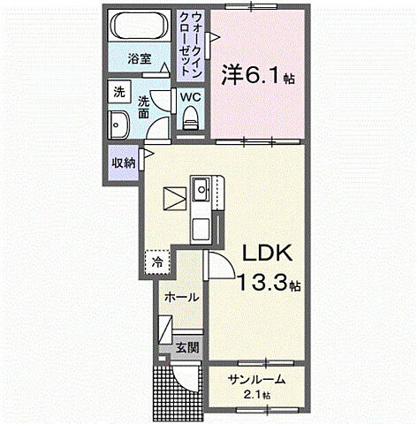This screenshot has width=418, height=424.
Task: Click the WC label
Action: coord(191,98)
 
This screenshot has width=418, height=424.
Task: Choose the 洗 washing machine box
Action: coord(118,90)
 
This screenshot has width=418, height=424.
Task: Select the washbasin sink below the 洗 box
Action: coord(118,125)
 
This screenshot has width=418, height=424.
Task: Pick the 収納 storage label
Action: coord(123,163)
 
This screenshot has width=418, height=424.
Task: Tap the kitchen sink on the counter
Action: coord(201,187)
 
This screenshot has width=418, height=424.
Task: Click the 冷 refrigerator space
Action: coord(156,261)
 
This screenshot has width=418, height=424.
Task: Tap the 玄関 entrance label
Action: coord(186,347)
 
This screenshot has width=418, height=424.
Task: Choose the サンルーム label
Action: coord(255,380)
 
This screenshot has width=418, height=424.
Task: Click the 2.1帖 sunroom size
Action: coord(256,395)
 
